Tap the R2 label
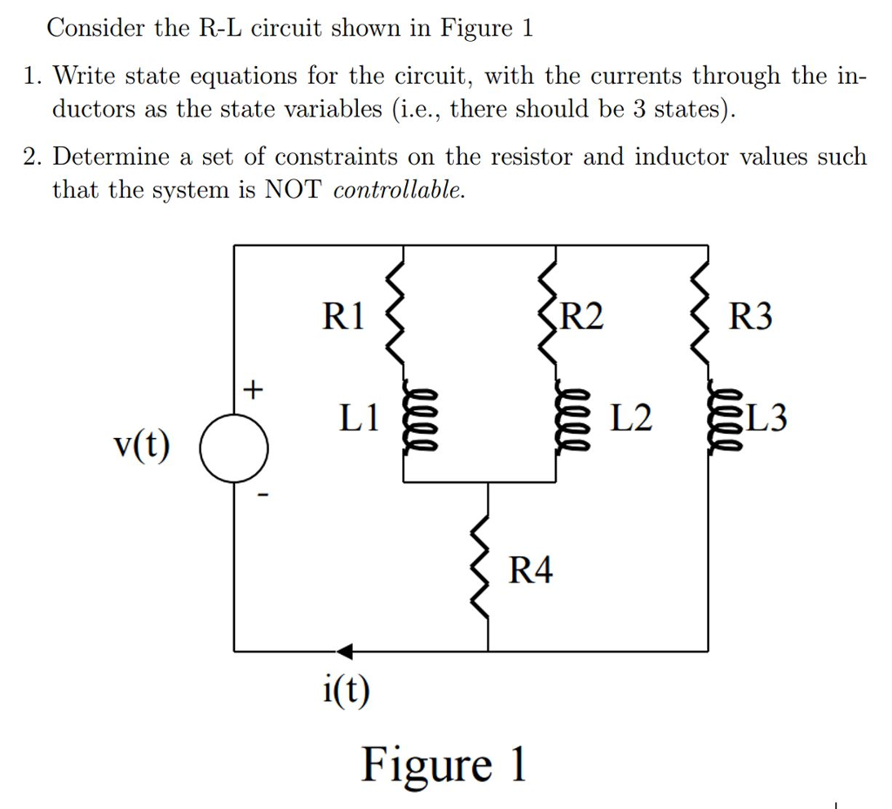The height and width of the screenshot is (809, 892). (x=582, y=315)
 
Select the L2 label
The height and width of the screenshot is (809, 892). (x=631, y=419)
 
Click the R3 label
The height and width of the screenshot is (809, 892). (x=751, y=316)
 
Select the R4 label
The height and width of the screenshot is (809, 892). (x=530, y=571)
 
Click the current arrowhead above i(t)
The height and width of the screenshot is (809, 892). (x=345, y=651)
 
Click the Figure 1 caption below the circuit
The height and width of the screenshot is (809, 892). (x=444, y=765)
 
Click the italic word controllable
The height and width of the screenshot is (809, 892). (x=399, y=190)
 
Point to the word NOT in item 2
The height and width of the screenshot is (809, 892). (x=294, y=189)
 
